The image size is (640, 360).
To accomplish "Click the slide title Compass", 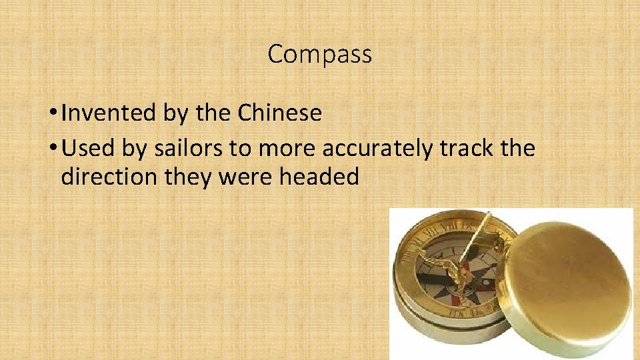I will point(319,54).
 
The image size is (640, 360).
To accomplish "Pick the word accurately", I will point(377,149).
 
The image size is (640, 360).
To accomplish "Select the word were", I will point(246,178).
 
